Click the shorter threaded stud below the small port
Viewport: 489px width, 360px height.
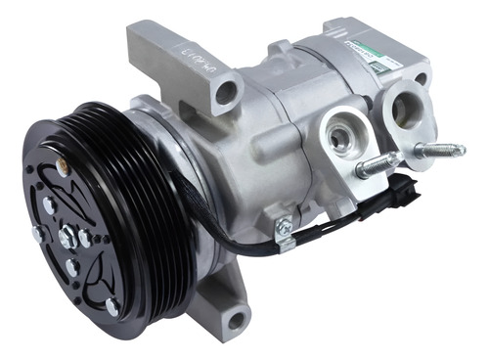[x=377, y=166]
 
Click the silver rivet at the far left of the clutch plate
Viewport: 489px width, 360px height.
[x=37, y=234]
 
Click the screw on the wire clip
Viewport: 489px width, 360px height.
[x=284, y=226]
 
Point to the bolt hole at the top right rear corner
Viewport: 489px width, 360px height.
[x=420, y=78]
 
